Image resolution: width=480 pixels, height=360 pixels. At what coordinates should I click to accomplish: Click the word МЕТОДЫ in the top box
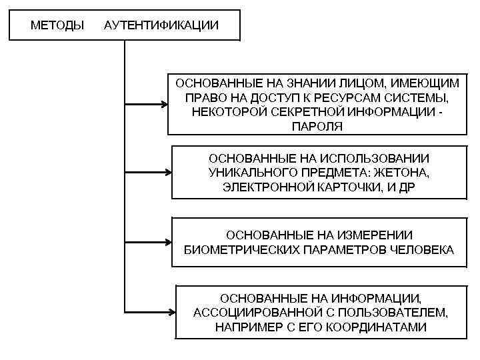click(x=57, y=26)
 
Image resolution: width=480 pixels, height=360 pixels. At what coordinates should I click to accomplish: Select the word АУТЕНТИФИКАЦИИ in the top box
click(x=161, y=26)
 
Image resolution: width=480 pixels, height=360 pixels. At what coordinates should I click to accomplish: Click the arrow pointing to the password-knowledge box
click(x=147, y=105)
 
